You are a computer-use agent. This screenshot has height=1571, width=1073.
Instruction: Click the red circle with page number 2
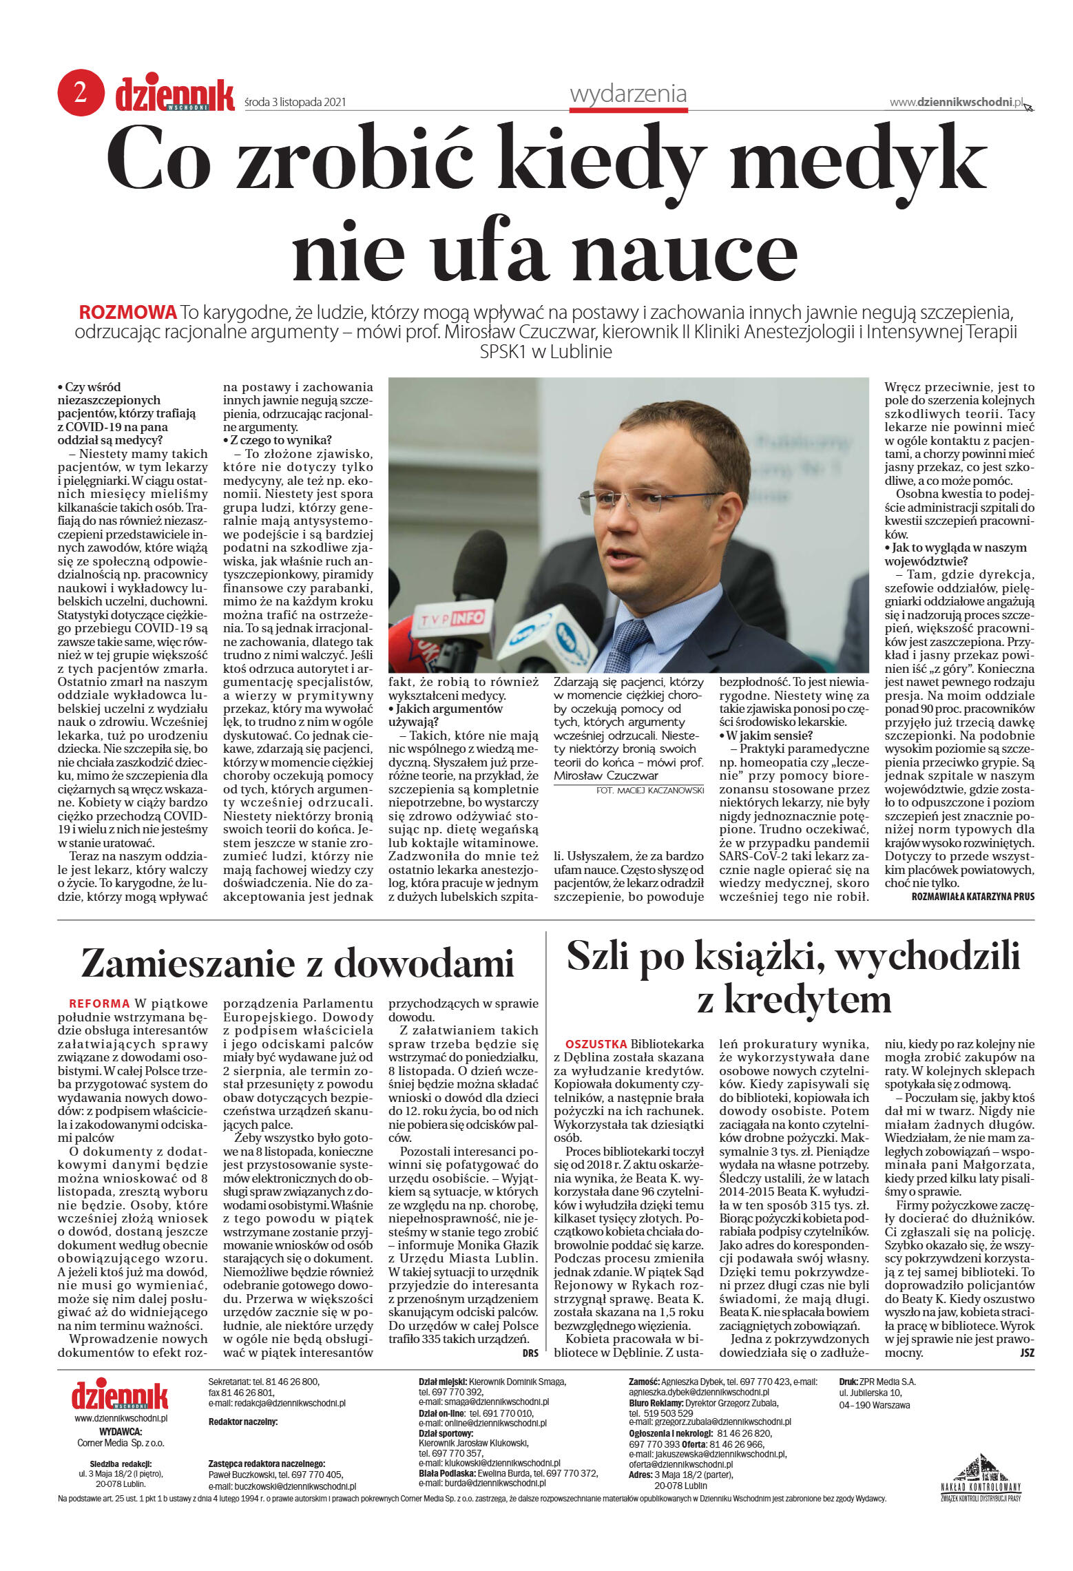point(81,92)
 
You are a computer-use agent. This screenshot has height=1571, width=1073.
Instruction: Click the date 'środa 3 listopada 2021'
point(295,103)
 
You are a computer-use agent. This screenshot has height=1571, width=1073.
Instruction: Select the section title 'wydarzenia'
point(627,94)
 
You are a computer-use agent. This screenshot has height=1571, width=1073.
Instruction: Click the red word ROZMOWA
point(128,313)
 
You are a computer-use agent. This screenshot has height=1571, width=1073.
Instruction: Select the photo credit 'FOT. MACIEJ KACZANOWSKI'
point(649,791)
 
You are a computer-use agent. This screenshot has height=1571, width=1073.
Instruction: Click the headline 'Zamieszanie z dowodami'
point(298,963)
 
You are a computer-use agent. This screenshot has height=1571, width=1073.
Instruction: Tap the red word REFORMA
point(99,1003)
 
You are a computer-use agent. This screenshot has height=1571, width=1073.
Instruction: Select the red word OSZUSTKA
point(596,1044)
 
